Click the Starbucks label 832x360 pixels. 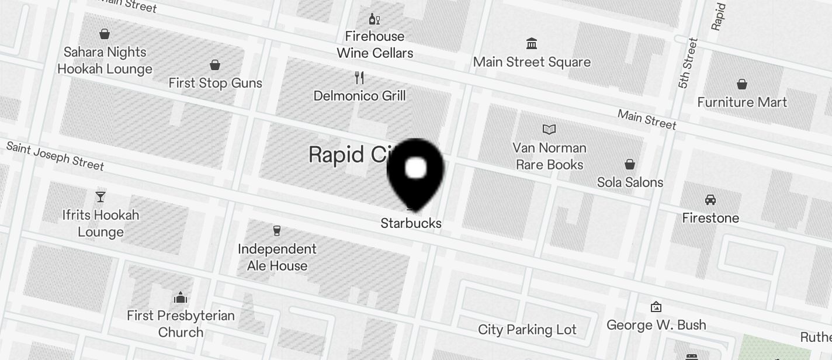[x=411, y=223]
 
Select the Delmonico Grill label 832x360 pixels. [x=359, y=96]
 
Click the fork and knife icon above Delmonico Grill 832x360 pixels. [x=359, y=77]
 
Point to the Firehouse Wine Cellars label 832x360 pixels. [x=375, y=44]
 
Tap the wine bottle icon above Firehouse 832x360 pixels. [x=375, y=19]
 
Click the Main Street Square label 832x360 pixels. [x=532, y=62]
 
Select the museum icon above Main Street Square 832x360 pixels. [x=532, y=43]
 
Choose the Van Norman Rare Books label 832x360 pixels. [x=549, y=156]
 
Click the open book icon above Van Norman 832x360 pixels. [x=549, y=129]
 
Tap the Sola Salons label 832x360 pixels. [x=630, y=182]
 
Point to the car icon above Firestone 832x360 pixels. [x=710, y=200]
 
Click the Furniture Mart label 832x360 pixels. [x=742, y=102]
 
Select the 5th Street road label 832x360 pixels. [x=688, y=63]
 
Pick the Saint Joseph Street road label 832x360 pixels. [x=55, y=155]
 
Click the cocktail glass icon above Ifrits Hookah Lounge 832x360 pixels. [x=100, y=196]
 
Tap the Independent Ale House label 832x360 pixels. [x=277, y=257]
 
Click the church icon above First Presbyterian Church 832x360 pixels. [x=181, y=298]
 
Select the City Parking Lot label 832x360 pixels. [x=527, y=330]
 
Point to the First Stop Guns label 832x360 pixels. [x=215, y=83]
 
